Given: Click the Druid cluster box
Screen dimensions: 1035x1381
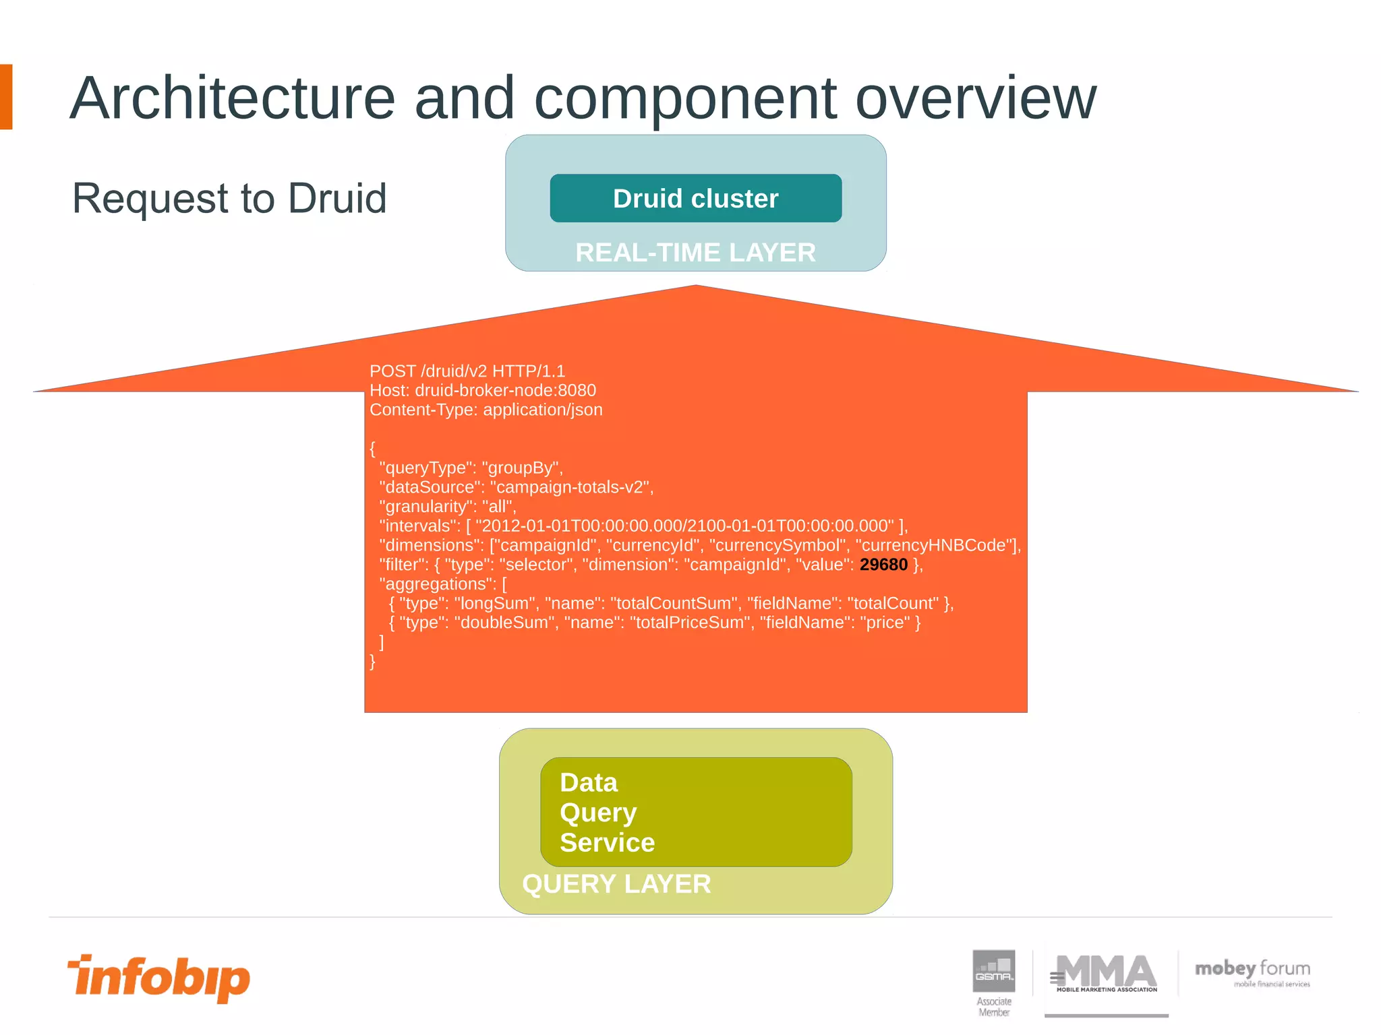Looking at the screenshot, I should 695,198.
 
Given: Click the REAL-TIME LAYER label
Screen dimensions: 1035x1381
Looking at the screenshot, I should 695,253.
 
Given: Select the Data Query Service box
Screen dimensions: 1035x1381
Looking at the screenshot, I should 695,812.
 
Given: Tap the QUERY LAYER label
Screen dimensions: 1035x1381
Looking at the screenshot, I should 616,884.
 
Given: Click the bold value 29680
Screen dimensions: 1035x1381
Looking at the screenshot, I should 883,565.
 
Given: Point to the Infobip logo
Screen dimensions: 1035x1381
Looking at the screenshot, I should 159,977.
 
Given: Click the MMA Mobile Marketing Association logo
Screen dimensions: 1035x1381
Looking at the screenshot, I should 1106,974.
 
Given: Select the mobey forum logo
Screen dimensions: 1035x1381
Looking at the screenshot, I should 1252,972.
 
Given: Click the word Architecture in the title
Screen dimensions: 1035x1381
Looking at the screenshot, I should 232,98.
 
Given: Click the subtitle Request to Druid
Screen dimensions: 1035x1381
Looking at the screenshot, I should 229,199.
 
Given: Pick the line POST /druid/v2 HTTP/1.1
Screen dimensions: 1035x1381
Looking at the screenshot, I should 467,371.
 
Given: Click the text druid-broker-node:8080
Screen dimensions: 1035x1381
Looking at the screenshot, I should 505,391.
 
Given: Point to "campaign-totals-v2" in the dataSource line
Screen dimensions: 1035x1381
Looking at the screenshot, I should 570,488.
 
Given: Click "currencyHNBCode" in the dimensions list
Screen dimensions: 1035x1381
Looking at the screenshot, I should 936,546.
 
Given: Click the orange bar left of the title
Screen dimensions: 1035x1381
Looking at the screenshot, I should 6,97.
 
